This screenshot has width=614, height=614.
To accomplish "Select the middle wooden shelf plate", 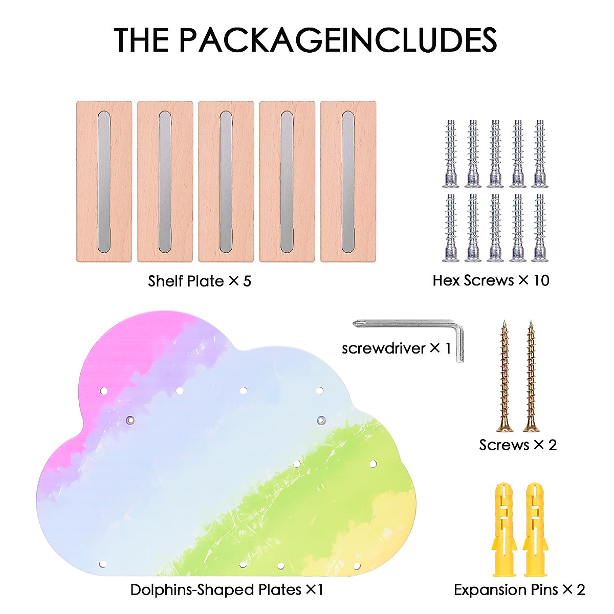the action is tap(226, 182).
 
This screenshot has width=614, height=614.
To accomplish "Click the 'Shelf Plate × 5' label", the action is tap(200, 281).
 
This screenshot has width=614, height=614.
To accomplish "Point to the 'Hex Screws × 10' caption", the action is tap(491, 280).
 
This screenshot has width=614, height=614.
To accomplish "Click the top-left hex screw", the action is tap(451, 153).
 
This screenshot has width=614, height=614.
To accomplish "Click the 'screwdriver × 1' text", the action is tap(397, 348).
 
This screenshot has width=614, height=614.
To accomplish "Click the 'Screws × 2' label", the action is tap(518, 445).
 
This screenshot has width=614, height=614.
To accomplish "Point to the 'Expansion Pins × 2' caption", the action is tap(519, 589).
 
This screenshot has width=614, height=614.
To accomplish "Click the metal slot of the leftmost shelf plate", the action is tap(104, 182).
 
